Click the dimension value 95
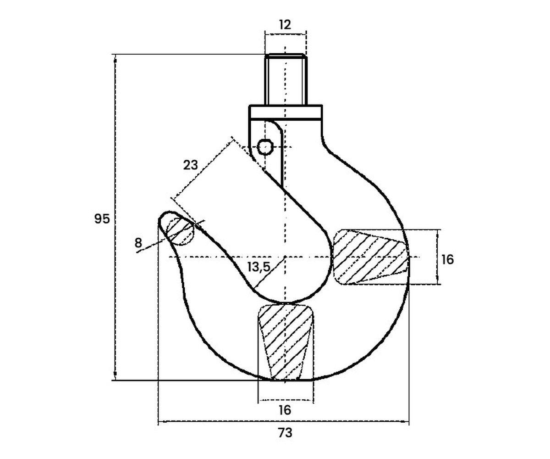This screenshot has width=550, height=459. (102, 218)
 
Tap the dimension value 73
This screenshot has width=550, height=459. (285, 433)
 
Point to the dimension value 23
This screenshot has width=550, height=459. (190, 165)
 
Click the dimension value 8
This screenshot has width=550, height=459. (138, 242)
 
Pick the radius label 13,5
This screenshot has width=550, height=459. (259, 267)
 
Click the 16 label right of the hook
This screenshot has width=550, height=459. (447, 260)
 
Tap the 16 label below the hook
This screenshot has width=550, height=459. (285, 410)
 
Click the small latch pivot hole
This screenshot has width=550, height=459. (265, 147)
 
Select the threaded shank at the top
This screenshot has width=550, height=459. (286, 79)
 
